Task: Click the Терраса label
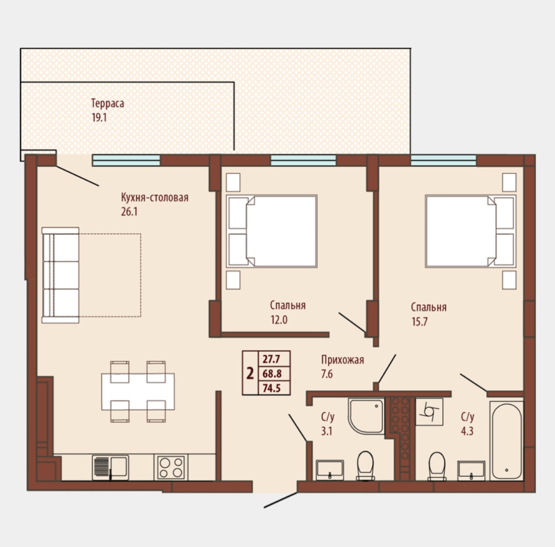108,103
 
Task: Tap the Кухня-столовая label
154,197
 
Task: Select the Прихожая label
342,360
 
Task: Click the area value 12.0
279,320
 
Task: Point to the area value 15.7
419,321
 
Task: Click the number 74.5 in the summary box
271,388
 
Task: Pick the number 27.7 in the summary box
271,359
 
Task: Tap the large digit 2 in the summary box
250,373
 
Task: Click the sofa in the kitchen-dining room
60,275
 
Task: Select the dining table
138,391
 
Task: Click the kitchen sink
111,467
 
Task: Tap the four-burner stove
171,467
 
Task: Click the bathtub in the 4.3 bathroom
507,441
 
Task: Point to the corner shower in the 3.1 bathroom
366,415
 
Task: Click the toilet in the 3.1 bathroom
365,465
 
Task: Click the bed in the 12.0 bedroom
272,231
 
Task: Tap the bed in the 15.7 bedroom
471,231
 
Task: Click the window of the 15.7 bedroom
443,160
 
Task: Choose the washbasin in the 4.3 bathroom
471,471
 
